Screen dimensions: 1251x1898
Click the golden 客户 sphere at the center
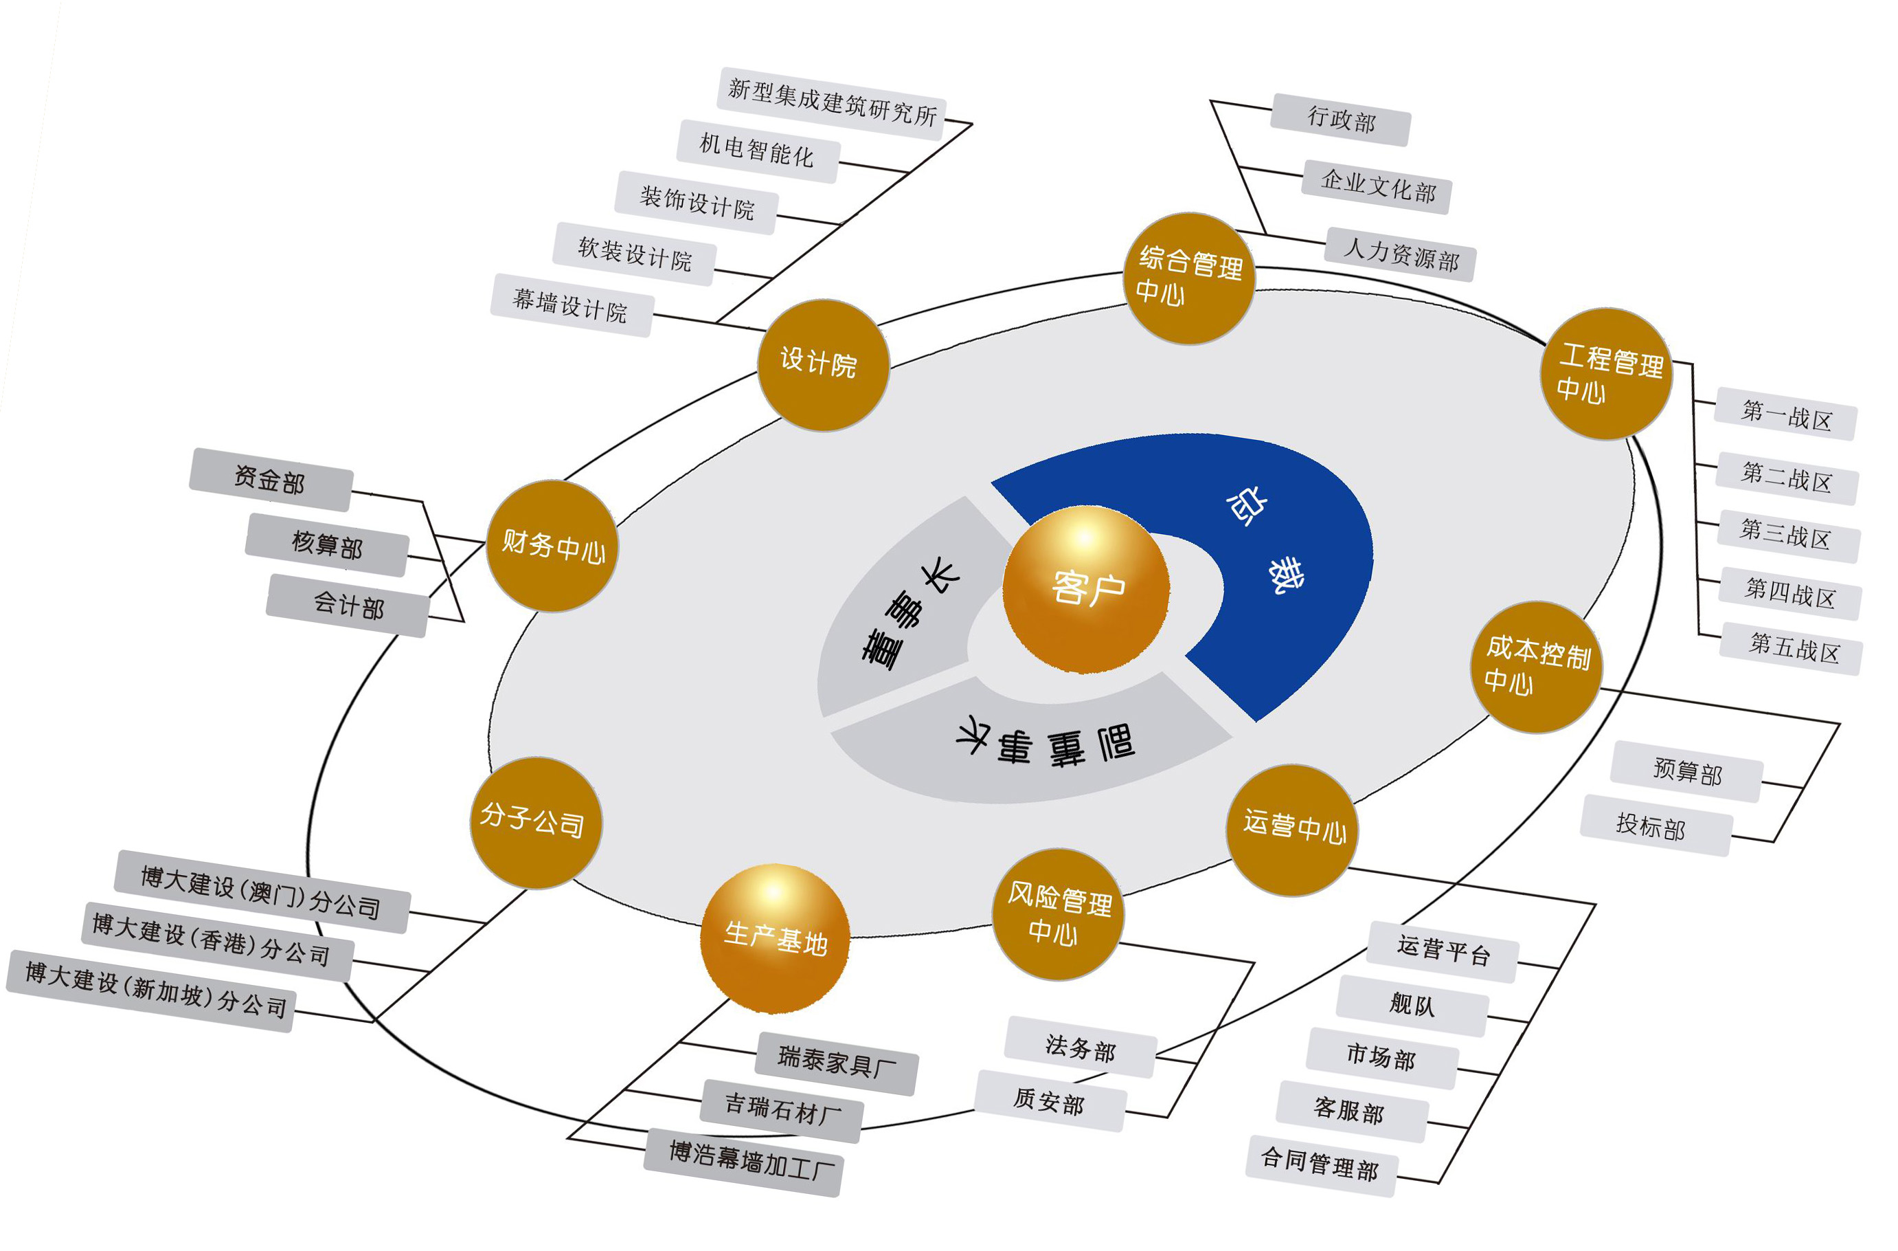pos(1085,589)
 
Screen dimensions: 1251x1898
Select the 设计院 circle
pos(822,364)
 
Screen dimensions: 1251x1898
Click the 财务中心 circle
pos(552,546)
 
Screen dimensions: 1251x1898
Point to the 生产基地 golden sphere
pos(774,938)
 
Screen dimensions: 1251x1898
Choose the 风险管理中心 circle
pos(1059,914)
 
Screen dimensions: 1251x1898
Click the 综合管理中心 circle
pos(1189,278)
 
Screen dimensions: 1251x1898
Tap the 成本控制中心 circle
pos(1536,666)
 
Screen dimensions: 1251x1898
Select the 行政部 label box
pos(1341,120)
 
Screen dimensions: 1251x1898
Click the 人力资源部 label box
pos(1401,254)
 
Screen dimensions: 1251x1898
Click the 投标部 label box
pos(1656,826)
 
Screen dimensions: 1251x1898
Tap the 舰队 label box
pos(1412,1005)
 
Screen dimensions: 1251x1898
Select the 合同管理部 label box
pos(1320,1166)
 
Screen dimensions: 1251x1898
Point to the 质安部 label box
pos(1050,1101)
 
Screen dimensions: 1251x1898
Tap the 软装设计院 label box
pos(634,254)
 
